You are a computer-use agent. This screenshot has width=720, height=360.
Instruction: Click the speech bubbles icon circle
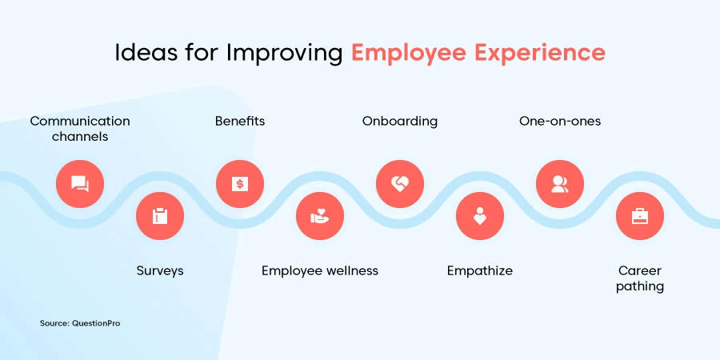click(80, 184)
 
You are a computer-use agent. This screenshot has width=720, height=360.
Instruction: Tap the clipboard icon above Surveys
click(160, 216)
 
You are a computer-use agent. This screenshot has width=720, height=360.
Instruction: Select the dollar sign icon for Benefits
click(240, 184)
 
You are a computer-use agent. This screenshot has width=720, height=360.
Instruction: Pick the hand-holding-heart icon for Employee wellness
click(320, 216)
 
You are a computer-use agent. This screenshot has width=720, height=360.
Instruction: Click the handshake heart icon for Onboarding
click(400, 184)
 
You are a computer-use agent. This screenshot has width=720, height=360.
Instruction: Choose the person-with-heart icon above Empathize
click(480, 216)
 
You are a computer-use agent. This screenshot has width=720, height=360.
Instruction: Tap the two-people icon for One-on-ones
click(560, 184)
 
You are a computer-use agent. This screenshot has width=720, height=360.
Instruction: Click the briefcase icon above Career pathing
click(640, 216)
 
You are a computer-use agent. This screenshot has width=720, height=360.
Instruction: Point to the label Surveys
click(160, 271)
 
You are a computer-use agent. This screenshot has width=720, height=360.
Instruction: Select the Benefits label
click(240, 122)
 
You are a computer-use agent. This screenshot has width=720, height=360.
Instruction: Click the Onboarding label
click(400, 122)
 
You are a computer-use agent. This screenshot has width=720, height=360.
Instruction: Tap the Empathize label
click(480, 271)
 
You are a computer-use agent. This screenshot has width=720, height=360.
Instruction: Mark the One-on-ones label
click(560, 122)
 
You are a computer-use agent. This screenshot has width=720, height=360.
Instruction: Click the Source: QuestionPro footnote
click(80, 323)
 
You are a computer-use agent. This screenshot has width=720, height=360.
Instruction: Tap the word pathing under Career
click(640, 287)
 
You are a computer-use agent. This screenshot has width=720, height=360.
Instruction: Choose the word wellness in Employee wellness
click(352, 271)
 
